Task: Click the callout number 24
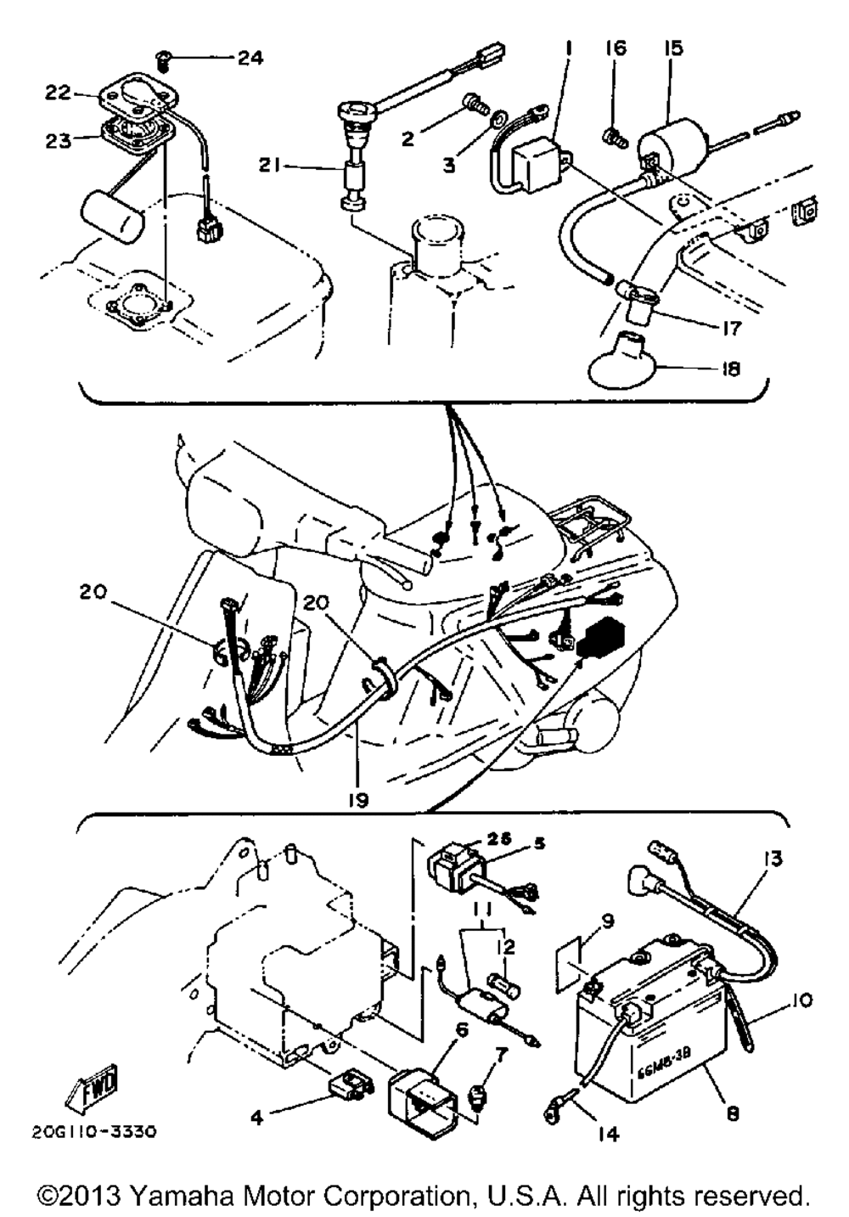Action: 250,58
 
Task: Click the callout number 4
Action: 257,1118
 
